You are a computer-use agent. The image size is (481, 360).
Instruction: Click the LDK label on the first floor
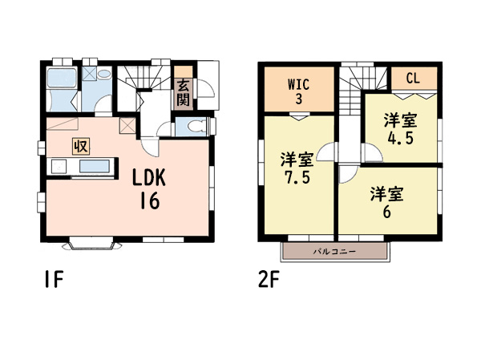(x=149, y=177)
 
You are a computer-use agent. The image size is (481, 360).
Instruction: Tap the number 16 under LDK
(x=150, y=200)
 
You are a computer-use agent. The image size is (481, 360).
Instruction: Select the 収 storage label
(x=81, y=146)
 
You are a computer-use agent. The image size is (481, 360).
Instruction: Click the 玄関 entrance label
(x=183, y=92)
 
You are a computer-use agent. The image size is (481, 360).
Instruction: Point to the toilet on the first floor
(x=196, y=126)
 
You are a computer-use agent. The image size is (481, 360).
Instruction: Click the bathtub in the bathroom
(x=62, y=78)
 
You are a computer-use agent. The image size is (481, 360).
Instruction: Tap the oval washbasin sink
(x=104, y=74)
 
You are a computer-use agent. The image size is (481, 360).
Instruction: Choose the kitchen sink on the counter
(x=95, y=166)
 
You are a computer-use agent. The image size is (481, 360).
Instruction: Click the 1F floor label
(x=54, y=279)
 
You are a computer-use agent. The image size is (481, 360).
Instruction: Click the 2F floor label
(x=269, y=279)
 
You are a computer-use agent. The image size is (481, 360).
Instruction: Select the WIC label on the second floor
(x=298, y=84)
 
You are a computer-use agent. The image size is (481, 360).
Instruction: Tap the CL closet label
(x=413, y=79)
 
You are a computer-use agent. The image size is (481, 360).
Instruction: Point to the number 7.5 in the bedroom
(x=297, y=177)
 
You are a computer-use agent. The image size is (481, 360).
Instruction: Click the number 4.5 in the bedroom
(x=400, y=138)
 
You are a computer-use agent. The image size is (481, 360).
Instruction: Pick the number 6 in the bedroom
(x=387, y=212)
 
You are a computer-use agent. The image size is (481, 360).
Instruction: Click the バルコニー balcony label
(x=334, y=252)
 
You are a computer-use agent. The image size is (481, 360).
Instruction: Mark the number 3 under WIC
(x=298, y=99)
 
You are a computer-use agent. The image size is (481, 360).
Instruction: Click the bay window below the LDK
(x=92, y=244)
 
